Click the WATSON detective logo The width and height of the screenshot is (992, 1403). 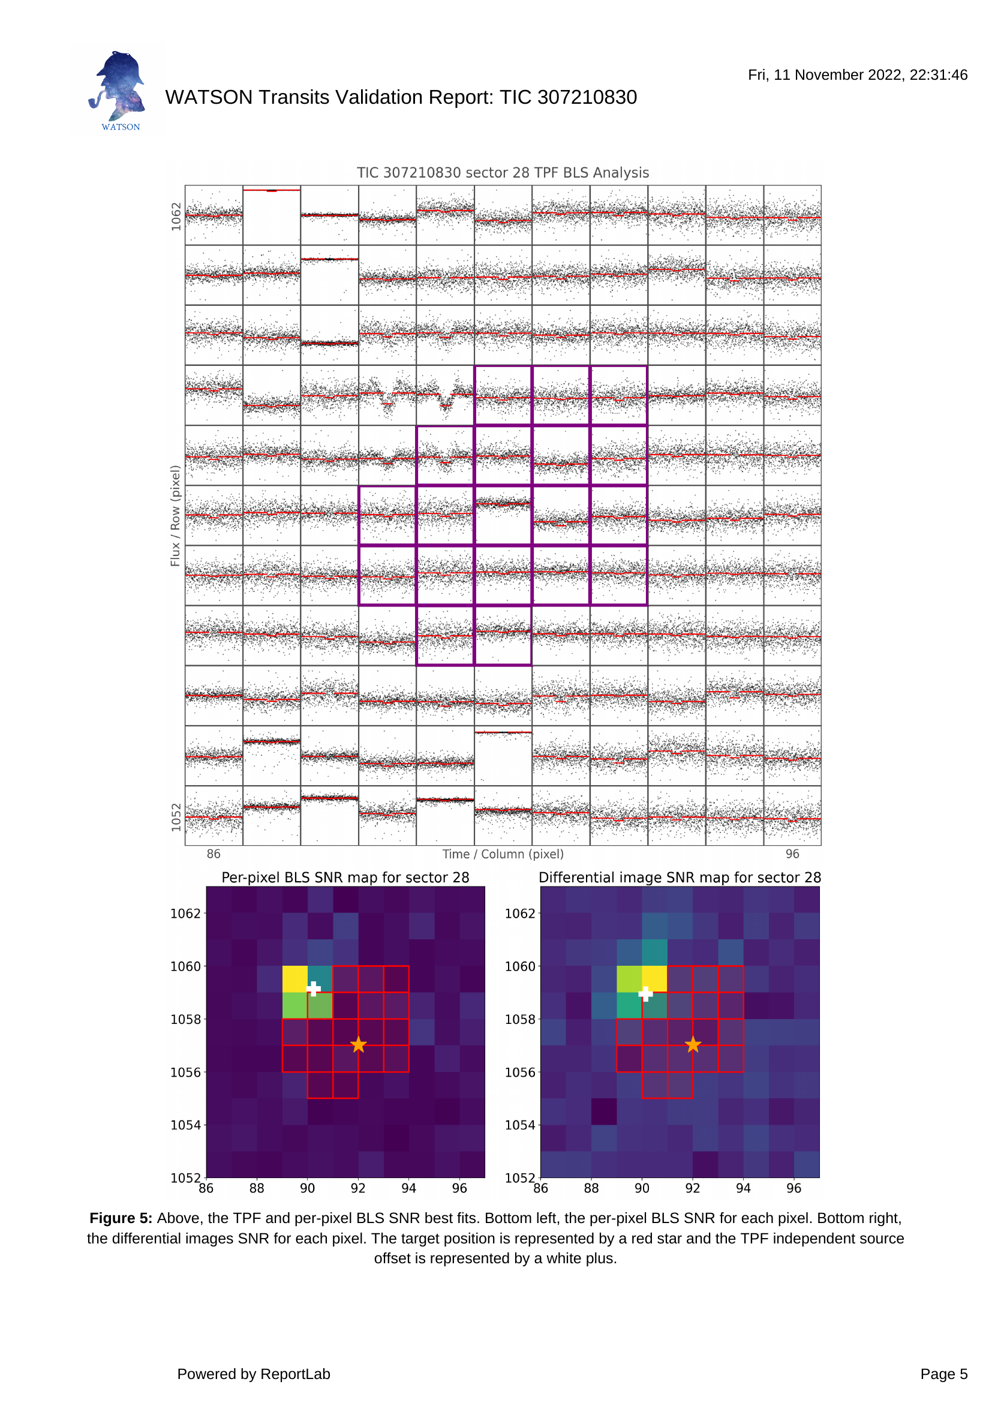[x=119, y=91]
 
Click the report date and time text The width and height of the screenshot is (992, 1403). [x=858, y=75]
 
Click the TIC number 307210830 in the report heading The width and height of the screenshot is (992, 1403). [x=587, y=97]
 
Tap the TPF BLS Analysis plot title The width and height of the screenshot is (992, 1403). [x=503, y=173]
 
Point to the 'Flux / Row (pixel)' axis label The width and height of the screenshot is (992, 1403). [x=175, y=516]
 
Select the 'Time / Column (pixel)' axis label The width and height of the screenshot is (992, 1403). [x=503, y=854]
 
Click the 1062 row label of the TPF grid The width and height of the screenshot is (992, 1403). [x=176, y=217]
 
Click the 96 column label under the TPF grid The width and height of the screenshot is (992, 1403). [x=792, y=854]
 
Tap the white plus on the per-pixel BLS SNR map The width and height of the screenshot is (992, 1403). [x=313, y=989]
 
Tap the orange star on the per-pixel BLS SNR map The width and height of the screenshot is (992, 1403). [x=359, y=1045]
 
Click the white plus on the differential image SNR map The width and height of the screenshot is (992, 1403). [x=646, y=993]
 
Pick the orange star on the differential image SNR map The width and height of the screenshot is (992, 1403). [x=693, y=1045]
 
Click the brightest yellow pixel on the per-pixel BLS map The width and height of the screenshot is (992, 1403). [x=295, y=979]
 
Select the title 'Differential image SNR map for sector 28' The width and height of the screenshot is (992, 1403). [x=680, y=878]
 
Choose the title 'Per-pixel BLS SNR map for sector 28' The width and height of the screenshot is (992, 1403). [x=345, y=878]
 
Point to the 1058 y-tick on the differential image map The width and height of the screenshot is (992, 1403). [x=520, y=1019]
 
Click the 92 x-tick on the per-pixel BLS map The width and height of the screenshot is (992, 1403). [x=358, y=1188]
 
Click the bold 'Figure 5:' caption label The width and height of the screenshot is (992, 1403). [x=121, y=1218]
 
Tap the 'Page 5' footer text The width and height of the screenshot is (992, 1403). [x=944, y=1374]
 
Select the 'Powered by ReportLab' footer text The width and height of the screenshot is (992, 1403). [x=254, y=1374]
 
